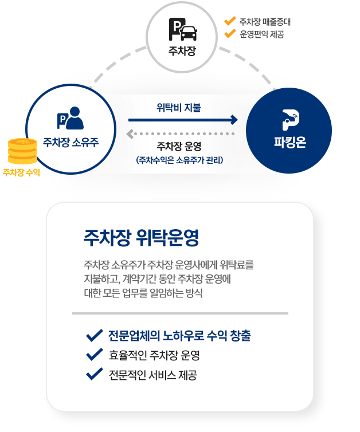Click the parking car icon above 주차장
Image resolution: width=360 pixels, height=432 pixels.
click(x=183, y=29)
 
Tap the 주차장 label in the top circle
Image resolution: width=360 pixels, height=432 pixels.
click(x=182, y=51)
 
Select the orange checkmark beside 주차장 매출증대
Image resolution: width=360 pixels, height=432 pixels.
click(x=230, y=21)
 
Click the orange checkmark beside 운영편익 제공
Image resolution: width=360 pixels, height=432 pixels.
click(x=230, y=33)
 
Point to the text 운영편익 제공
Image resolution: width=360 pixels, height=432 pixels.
click(x=262, y=34)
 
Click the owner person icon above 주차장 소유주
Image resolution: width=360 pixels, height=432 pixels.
click(x=71, y=118)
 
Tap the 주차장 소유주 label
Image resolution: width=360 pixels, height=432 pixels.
click(x=71, y=143)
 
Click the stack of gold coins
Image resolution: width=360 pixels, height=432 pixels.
click(x=22, y=151)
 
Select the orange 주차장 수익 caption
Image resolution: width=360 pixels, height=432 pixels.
click(x=21, y=172)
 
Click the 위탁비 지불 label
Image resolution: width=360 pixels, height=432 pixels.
click(x=179, y=108)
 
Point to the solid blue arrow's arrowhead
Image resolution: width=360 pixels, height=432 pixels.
click(x=234, y=120)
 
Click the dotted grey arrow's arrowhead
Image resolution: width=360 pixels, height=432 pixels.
click(x=130, y=134)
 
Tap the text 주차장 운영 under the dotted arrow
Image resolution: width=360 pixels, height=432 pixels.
click(x=179, y=146)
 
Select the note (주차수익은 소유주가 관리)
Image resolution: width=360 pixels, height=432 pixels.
click(x=179, y=160)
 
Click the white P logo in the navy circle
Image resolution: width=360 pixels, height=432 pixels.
click(x=291, y=120)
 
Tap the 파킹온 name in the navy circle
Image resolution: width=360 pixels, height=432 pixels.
click(x=290, y=143)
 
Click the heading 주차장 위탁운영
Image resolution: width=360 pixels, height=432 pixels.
click(x=142, y=238)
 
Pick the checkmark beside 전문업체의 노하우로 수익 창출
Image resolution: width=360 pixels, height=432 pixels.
click(x=95, y=335)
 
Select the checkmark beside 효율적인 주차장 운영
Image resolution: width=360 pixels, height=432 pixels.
click(x=95, y=355)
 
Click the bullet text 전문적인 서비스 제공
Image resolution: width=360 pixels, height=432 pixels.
click(x=153, y=375)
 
